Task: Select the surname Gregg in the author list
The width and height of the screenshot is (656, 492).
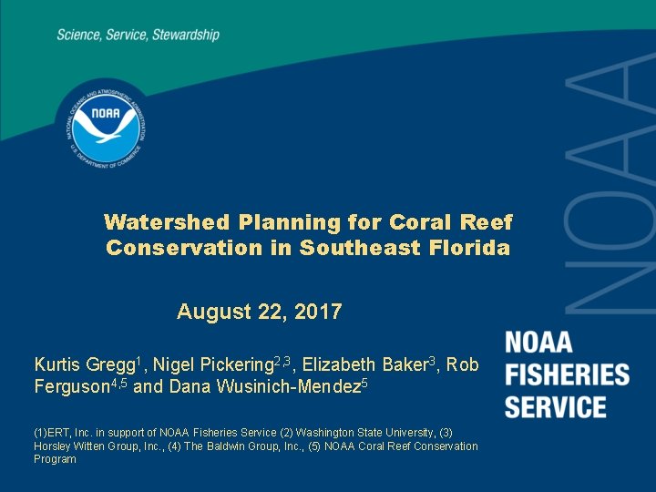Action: pos(112,365)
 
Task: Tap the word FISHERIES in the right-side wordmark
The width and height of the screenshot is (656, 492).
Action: pos(567,374)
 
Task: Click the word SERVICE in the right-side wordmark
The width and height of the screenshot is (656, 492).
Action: pos(556,406)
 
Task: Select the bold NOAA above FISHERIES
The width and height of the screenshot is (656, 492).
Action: pos(539,343)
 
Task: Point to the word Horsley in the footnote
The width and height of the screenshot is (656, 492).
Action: pos(52,446)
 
